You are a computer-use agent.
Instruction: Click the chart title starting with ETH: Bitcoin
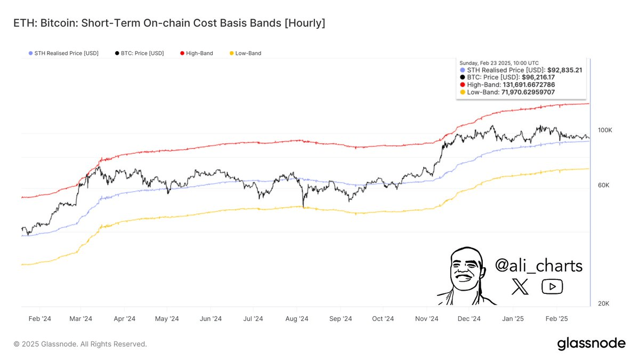tap(169, 23)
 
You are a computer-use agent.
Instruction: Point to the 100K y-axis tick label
tap(604, 130)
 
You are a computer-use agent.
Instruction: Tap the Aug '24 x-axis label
tap(297, 319)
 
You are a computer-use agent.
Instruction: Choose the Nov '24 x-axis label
tap(426, 319)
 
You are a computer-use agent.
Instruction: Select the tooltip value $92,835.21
tap(567, 69)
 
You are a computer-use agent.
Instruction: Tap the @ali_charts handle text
tap(538, 265)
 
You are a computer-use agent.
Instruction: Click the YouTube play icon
tap(552, 287)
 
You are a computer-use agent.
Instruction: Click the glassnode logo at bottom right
tap(591, 344)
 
